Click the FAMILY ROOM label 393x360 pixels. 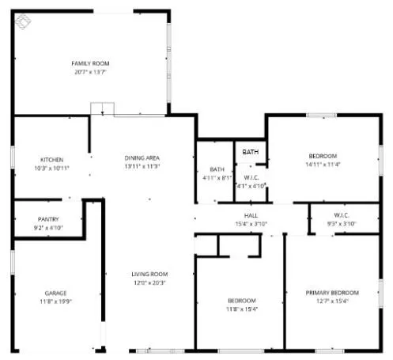[90, 63]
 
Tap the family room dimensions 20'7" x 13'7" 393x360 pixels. [90, 72]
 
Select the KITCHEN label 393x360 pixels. [52, 160]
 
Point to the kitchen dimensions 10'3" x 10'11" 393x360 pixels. [52, 169]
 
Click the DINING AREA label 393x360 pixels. [142, 157]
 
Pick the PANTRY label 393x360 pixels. [49, 219]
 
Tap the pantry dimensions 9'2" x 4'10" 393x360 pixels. [49, 228]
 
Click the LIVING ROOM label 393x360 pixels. [149, 274]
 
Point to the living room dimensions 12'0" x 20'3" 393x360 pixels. [149, 282]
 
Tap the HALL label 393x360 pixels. [251, 215]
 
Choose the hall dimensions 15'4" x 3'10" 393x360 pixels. [251, 224]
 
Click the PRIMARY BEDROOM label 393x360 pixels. [332, 292]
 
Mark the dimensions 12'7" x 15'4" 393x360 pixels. [332, 301]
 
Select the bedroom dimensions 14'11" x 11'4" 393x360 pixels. [323, 165]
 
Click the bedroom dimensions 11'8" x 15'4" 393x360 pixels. [241, 309]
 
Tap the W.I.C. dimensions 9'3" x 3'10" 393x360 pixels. [342, 224]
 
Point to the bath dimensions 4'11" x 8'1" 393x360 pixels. [217, 178]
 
